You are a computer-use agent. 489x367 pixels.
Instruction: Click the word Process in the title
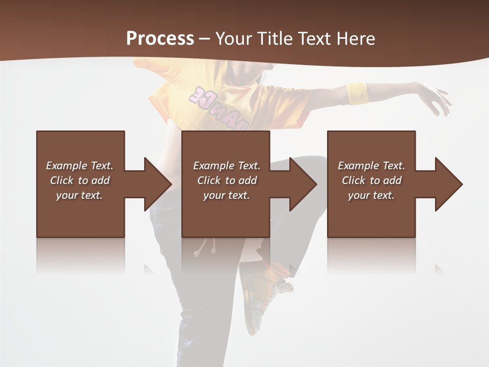pyautogui.click(x=160, y=38)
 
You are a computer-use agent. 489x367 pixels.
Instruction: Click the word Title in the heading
pyautogui.click(x=274, y=39)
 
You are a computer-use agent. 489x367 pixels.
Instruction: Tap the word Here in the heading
pyautogui.click(x=356, y=39)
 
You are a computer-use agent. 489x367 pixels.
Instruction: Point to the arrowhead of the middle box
pyautogui.click(x=302, y=184)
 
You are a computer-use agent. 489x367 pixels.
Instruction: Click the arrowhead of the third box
pyautogui.click(x=447, y=184)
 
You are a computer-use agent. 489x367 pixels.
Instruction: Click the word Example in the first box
pyautogui.click(x=67, y=166)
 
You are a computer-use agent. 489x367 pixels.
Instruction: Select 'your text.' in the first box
pyautogui.click(x=79, y=195)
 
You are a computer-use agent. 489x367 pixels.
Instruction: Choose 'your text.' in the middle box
pyautogui.click(x=227, y=195)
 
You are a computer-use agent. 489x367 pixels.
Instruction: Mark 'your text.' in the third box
pyautogui.click(x=371, y=195)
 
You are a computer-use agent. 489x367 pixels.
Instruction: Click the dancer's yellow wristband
pyautogui.click(x=358, y=93)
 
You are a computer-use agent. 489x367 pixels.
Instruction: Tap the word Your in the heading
pyautogui.click(x=234, y=39)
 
